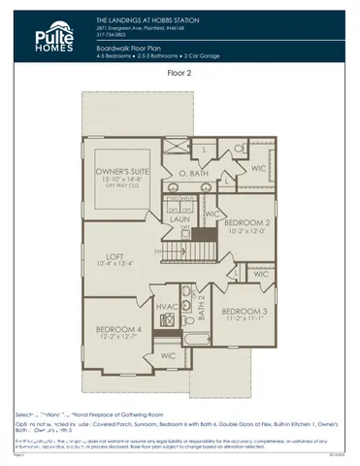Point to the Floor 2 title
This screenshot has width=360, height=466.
point(180,72)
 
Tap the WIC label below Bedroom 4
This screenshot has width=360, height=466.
point(168,356)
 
